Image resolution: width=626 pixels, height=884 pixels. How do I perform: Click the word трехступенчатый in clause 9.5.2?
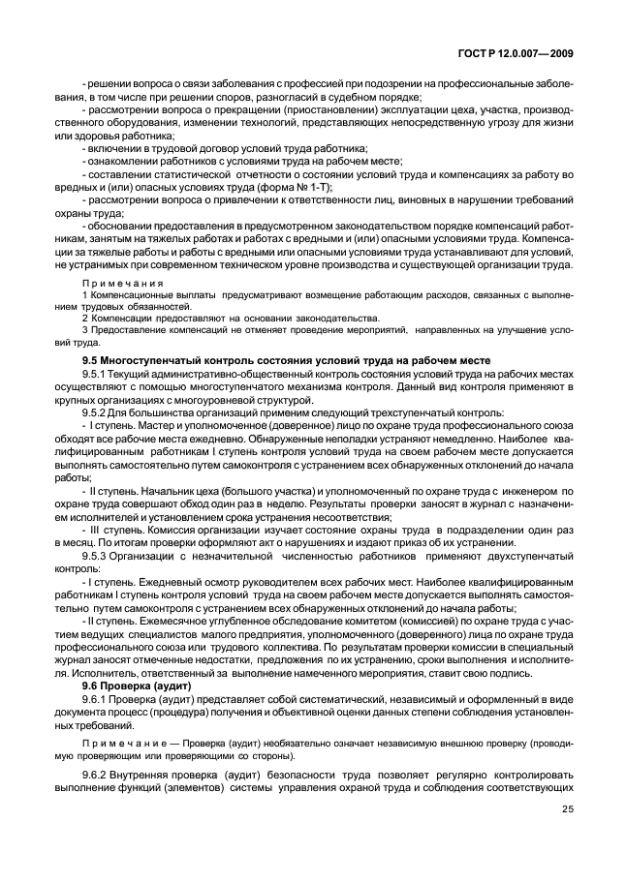coord(397,412)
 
